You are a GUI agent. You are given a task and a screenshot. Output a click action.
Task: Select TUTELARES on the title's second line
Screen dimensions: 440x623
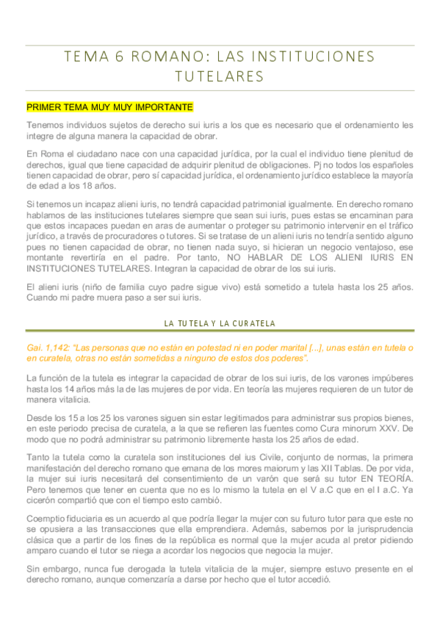pyautogui.click(x=220, y=76)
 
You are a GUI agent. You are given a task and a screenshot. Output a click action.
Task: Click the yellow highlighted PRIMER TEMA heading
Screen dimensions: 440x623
pyautogui.click(x=109, y=107)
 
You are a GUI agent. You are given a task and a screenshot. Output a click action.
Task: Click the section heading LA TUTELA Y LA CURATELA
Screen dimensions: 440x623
pyautogui.click(x=220, y=323)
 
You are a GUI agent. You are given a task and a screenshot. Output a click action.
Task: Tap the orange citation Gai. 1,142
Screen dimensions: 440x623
pyautogui.click(x=51, y=347)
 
